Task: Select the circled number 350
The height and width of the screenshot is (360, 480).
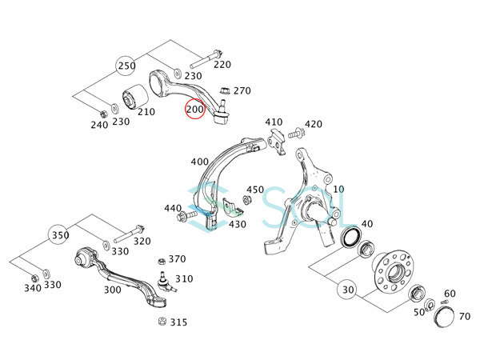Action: [57, 236]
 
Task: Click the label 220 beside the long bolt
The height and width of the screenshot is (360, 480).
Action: [222, 64]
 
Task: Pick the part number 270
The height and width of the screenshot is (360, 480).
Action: [242, 90]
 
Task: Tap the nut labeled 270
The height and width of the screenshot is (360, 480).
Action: [224, 90]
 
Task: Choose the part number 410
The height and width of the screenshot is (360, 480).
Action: [274, 122]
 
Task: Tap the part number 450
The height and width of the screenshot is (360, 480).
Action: [254, 190]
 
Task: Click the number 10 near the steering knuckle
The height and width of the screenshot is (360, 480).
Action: [338, 189]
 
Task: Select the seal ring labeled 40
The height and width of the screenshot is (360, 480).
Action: [350, 237]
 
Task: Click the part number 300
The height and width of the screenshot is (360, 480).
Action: [113, 290]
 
